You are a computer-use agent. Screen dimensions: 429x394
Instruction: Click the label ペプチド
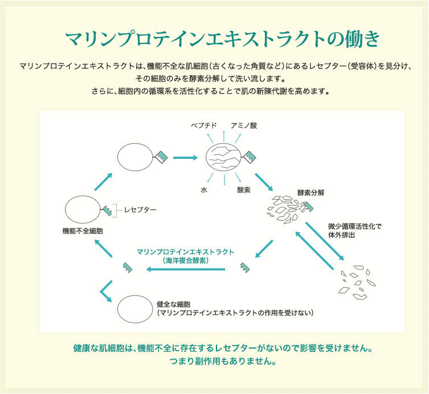[204, 125]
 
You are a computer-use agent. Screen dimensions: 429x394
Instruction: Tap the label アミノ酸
[244, 125]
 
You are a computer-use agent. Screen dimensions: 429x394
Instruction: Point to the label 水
[204, 190]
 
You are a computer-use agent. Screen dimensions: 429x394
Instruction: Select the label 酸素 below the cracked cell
[244, 190]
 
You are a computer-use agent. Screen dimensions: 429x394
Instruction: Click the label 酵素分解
[311, 193]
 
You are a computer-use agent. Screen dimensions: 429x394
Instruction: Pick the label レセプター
[140, 210]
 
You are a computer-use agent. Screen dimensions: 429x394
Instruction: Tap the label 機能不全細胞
[83, 231]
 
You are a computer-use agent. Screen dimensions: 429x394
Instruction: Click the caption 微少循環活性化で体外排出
[354, 231]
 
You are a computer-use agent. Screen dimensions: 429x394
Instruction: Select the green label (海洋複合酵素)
[185, 261]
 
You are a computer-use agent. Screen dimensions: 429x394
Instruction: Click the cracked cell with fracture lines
[223, 157]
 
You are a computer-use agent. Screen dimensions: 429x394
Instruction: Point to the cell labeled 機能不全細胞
[83, 210]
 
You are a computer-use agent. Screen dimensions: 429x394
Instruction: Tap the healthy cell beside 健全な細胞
[135, 309]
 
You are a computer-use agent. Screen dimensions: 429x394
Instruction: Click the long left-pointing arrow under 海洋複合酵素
[186, 269]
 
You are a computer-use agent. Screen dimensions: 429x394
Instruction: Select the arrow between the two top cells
[185, 158]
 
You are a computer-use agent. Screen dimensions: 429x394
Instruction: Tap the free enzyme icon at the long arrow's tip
[128, 268]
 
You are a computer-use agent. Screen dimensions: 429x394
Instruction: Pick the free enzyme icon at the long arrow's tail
[245, 268]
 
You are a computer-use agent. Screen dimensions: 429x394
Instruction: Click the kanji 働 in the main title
[352, 39]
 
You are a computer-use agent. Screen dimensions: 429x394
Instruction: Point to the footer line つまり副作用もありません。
[223, 361]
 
